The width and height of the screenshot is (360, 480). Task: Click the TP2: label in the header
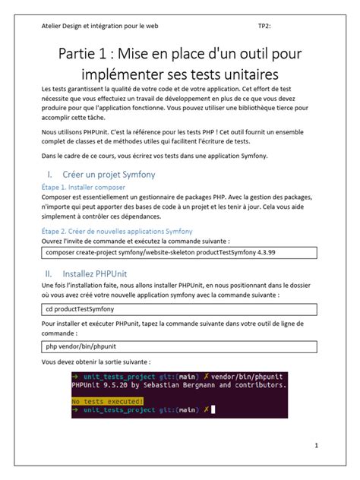click(264, 25)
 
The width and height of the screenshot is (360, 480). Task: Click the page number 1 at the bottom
click(316, 446)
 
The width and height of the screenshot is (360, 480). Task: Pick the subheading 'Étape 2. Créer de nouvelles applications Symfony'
click(117, 231)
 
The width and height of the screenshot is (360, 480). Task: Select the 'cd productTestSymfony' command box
click(180, 310)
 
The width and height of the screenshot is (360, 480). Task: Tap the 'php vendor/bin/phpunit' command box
click(180, 346)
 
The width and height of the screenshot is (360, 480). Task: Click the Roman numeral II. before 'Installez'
click(48, 271)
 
